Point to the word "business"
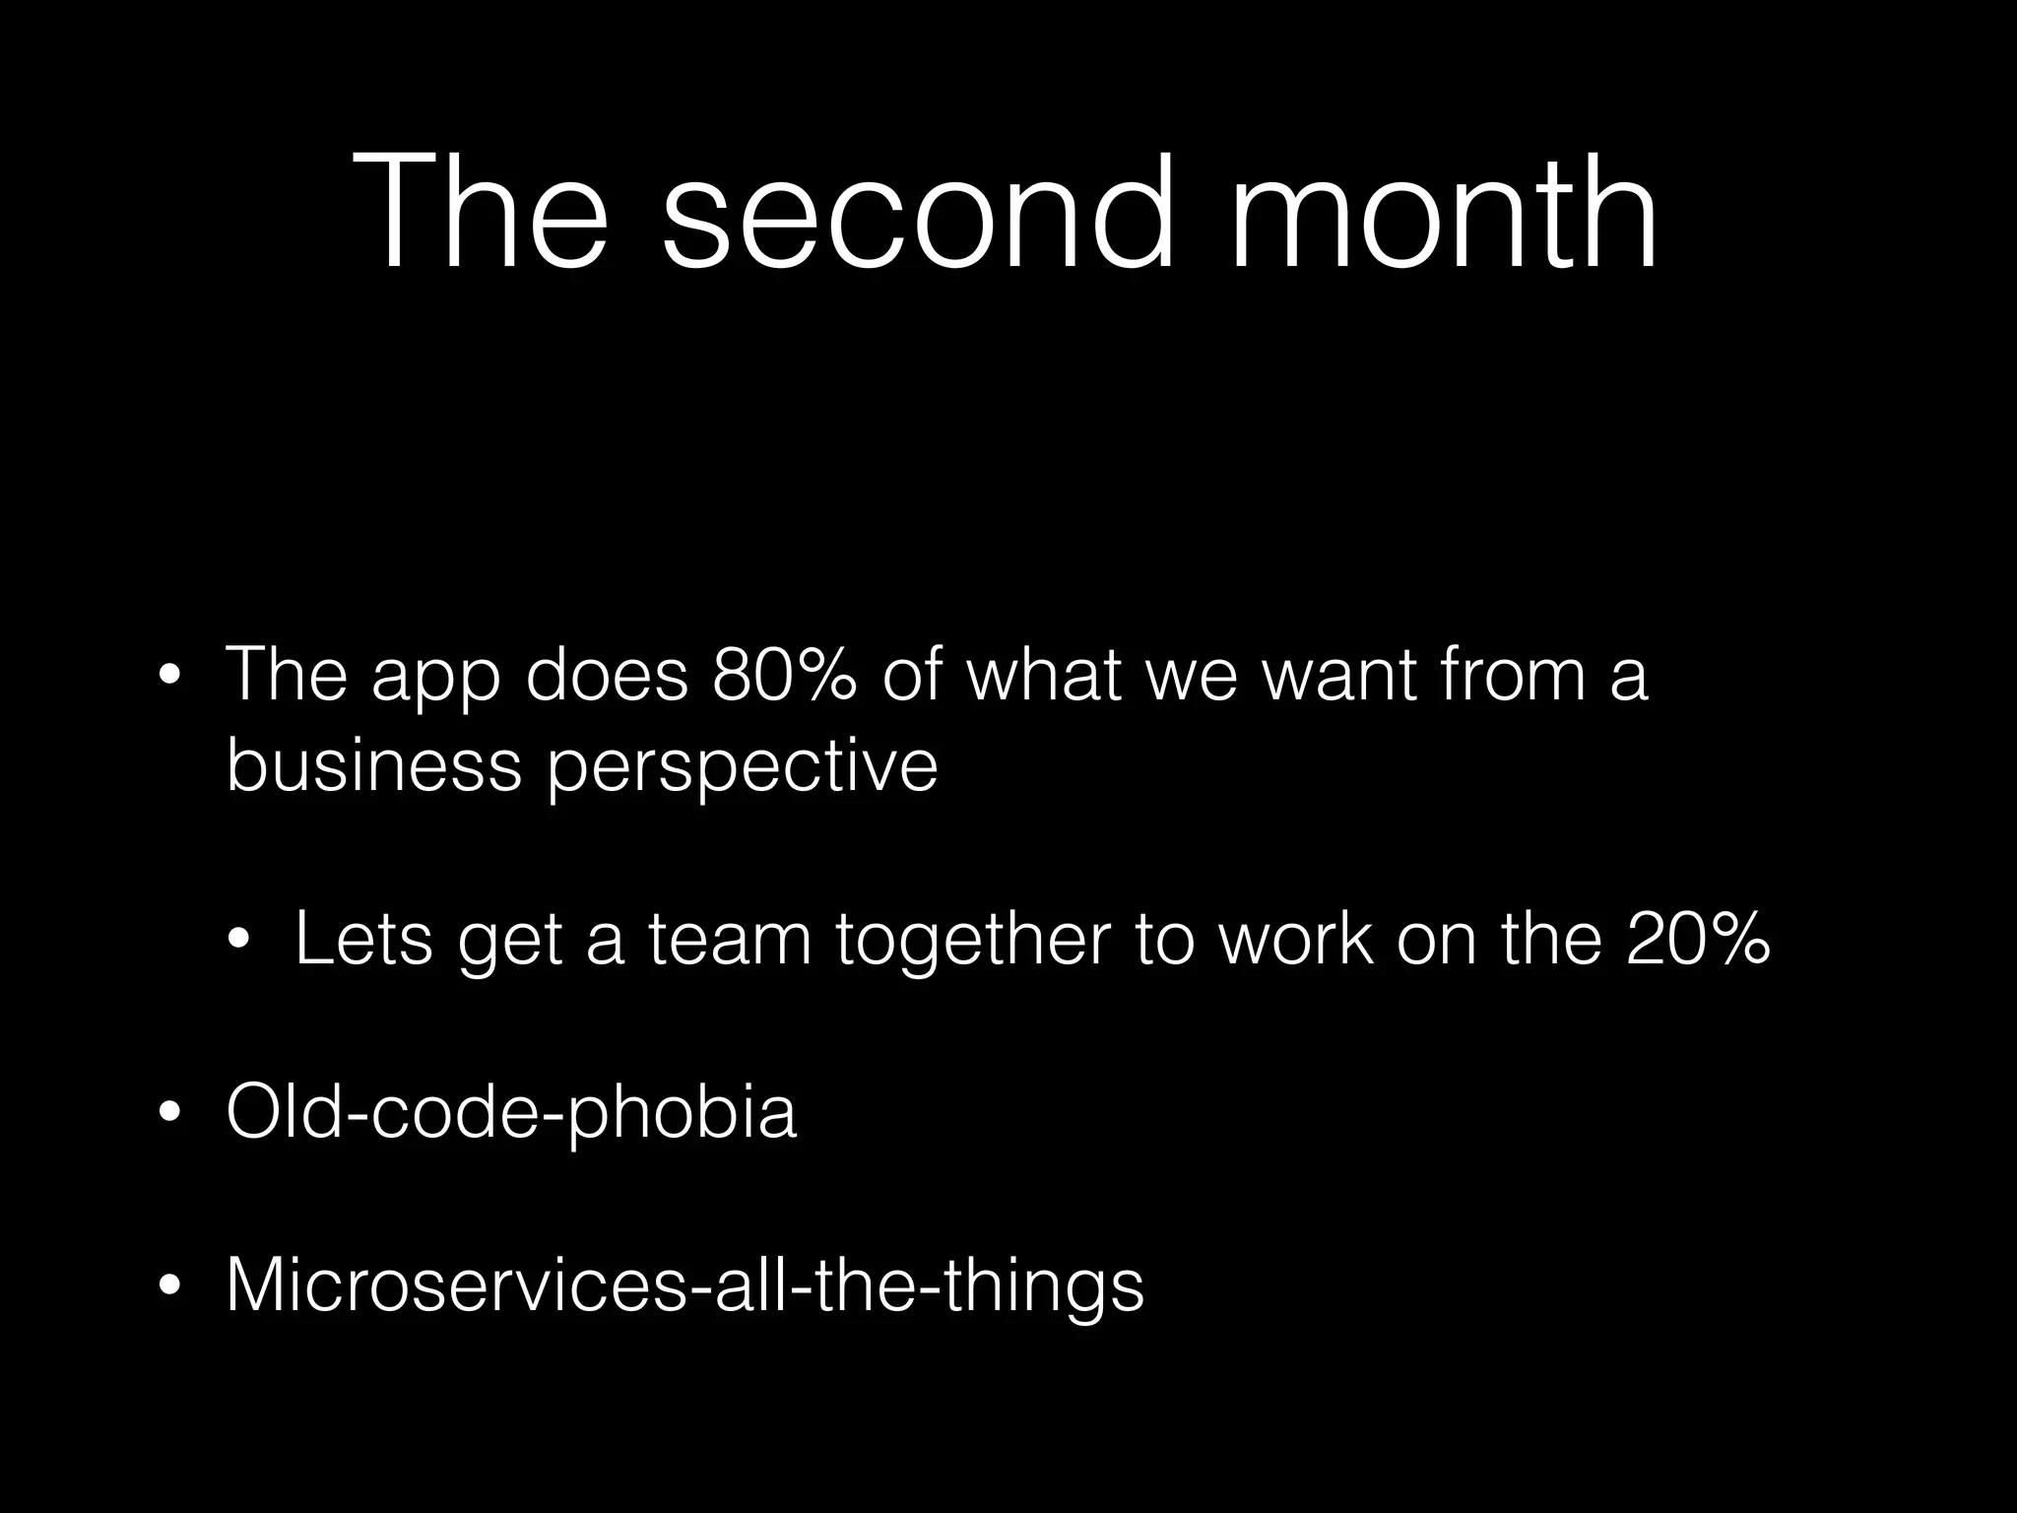tap(373, 764)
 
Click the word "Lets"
tap(363, 939)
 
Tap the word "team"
tap(730, 939)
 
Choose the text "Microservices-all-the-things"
tap(684, 1284)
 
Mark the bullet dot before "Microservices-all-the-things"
tap(170, 1285)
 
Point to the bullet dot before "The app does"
tap(170, 677)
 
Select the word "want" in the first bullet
tap(1338, 676)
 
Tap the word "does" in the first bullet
tap(607, 676)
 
